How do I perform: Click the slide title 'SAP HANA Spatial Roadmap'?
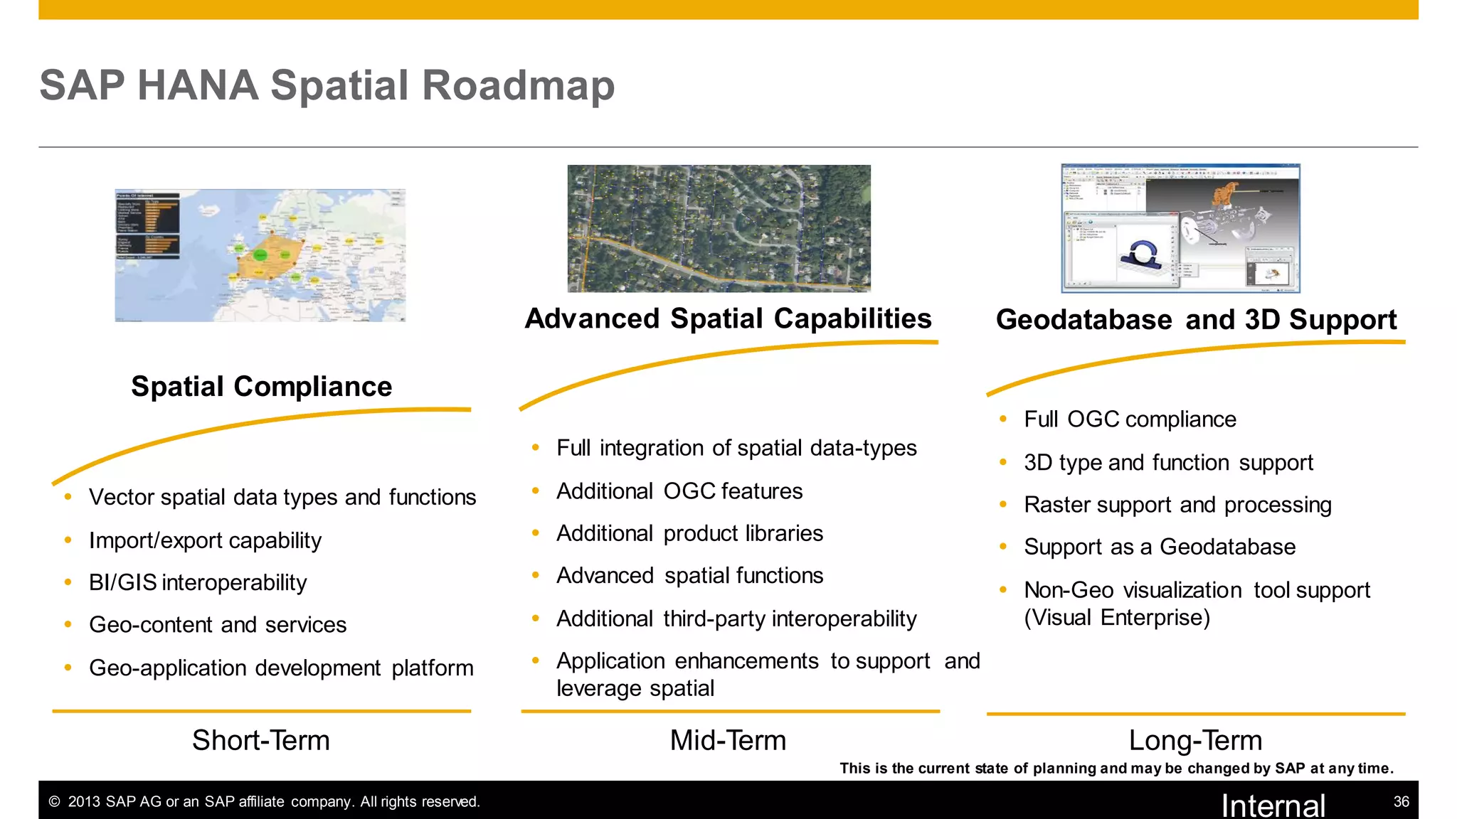point(327,85)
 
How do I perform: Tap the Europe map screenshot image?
point(260,255)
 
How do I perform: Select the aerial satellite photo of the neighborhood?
point(719,228)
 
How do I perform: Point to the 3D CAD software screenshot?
point(1180,228)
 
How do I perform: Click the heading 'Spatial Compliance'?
point(261,387)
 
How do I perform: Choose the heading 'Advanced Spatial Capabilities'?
point(728,318)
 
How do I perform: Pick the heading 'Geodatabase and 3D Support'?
point(1196,320)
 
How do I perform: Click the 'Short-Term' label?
point(261,740)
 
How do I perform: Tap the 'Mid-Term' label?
point(728,740)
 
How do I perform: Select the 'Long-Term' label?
point(1195,740)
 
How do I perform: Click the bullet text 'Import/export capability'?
point(205,540)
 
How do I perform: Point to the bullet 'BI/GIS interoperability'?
point(198,582)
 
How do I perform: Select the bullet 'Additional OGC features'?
point(679,491)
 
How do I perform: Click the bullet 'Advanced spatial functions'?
point(689,575)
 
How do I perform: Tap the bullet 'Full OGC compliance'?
point(1130,419)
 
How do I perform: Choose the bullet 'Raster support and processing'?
point(1177,505)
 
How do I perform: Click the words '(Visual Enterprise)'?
point(1117,617)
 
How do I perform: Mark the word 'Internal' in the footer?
point(1273,805)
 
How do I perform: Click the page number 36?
point(1401,802)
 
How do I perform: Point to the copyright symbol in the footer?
point(54,802)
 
